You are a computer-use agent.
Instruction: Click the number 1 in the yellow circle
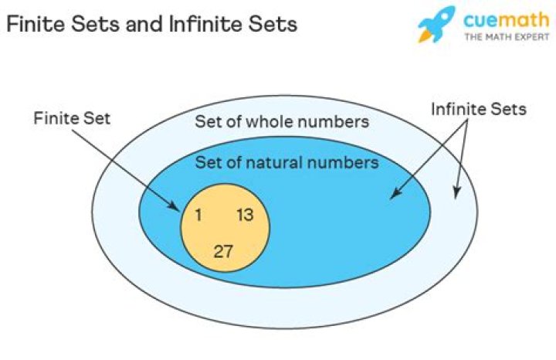[198, 215]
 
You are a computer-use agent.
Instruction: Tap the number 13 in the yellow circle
[245, 215]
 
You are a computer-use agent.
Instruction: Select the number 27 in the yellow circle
[223, 252]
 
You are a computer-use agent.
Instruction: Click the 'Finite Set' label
[72, 118]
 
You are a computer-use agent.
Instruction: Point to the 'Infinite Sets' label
[479, 109]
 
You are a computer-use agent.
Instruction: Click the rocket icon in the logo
[436, 24]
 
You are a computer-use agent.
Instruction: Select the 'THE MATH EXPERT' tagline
[507, 36]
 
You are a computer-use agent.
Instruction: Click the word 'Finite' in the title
[36, 24]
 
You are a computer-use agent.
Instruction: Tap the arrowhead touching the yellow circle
[175, 205]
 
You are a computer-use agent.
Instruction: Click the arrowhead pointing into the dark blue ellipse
[395, 193]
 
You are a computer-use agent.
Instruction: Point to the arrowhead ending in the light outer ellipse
[456, 192]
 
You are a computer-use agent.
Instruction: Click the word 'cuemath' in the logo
[506, 20]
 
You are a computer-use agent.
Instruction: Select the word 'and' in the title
[145, 24]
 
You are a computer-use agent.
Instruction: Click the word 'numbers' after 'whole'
[332, 121]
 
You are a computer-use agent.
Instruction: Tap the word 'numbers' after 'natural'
[343, 162]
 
